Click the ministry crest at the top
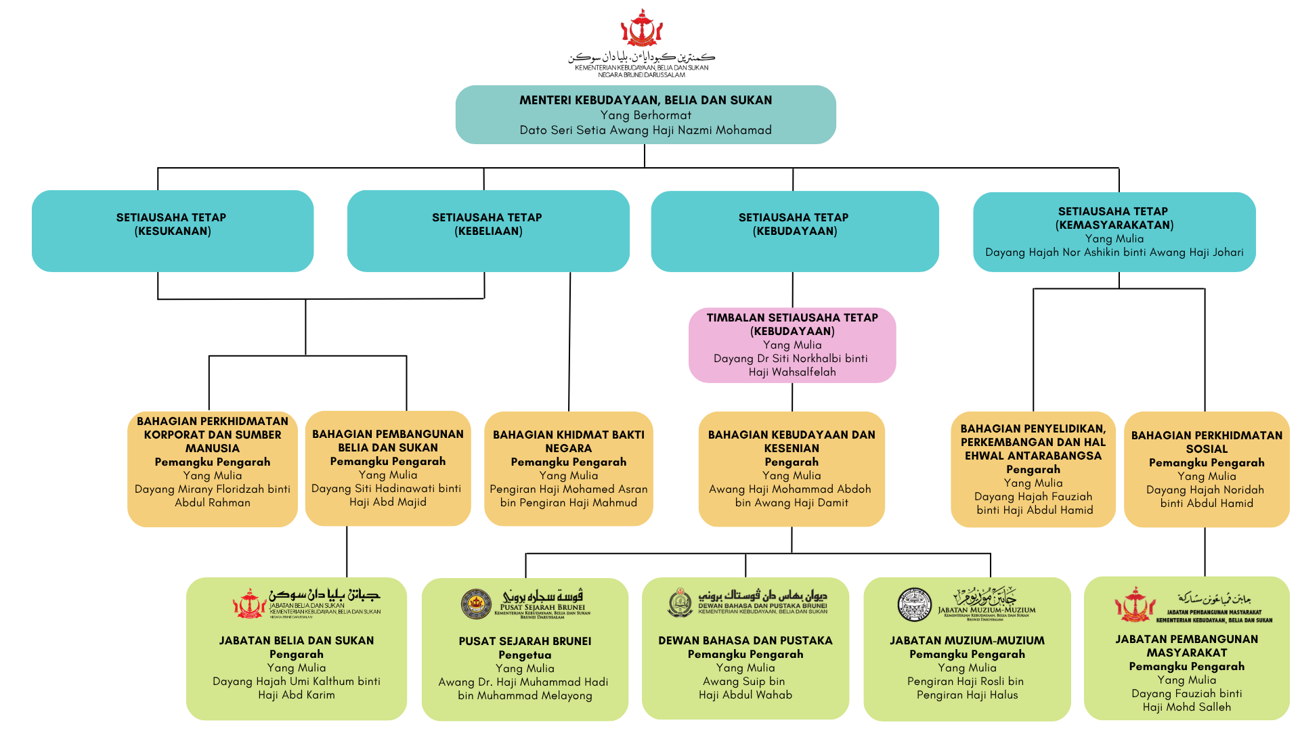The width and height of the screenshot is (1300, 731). (x=641, y=28)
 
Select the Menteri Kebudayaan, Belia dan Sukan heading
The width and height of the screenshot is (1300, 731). (x=645, y=100)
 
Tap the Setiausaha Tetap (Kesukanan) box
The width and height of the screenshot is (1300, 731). (x=173, y=231)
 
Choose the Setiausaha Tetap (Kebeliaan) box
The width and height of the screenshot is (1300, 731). (x=488, y=231)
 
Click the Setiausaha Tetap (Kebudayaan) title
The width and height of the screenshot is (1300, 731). (x=794, y=224)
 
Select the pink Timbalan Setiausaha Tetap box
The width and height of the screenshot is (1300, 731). (x=792, y=345)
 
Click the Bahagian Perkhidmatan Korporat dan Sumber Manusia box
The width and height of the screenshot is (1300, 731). (x=213, y=468)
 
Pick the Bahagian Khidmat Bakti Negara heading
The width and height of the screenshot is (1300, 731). (x=569, y=441)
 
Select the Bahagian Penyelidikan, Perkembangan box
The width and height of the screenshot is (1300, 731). (x=1033, y=468)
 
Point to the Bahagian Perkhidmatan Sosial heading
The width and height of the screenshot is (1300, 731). (x=1207, y=442)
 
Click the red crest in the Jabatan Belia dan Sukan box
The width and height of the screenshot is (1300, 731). (x=248, y=604)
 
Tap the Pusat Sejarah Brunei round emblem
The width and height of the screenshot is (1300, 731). (x=476, y=604)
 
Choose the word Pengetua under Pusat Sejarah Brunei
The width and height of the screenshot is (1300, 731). (x=525, y=655)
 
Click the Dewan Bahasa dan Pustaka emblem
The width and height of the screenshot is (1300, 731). (x=680, y=602)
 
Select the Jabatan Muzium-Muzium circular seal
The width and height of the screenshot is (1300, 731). (x=914, y=604)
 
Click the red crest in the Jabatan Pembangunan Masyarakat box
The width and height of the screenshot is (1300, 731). (x=1134, y=604)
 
